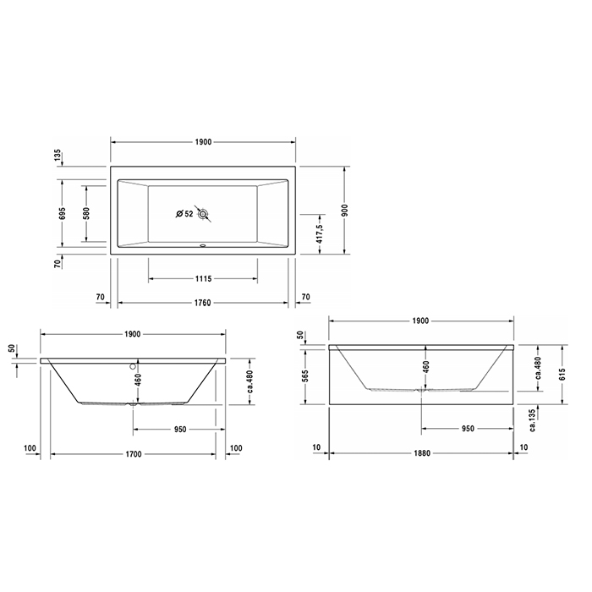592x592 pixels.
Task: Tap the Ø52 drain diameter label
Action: click(x=184, y=213)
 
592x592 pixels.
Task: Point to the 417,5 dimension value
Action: click(x=318, y=229)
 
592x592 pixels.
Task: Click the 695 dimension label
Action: click(x=58, y=214)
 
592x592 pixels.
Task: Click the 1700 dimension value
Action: click(x=134, y=454)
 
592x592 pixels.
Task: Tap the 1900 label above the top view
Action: click(x=202, y=141)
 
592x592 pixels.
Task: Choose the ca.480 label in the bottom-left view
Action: click(x=249, y=383)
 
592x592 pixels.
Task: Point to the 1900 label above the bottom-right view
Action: click(x=421, y=321)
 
